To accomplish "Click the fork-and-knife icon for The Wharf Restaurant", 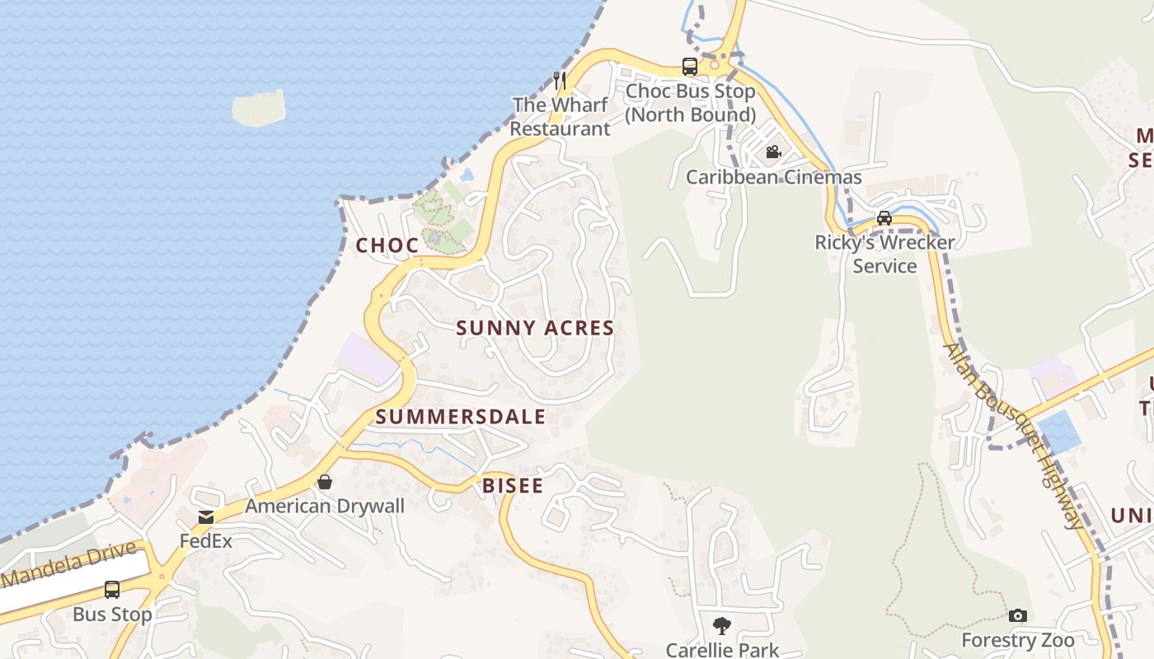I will click(560, 80).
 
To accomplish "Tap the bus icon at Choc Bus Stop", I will click(689, 67).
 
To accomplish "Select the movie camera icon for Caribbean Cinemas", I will click(773, 152).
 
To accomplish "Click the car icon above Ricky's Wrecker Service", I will click(884, 218).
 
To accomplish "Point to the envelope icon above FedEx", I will click(205, 517).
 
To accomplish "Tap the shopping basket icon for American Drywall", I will click(325, 482).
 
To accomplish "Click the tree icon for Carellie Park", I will click(722, 626).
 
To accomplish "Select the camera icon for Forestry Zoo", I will click(1018, 616).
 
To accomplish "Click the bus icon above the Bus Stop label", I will click(112, 590).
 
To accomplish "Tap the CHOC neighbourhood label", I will click(387, 245).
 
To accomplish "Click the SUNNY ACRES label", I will click(535, 328).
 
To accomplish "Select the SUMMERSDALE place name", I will click(461, 417).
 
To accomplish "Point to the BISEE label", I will click(513, 486).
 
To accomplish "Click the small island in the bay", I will click(259, 108).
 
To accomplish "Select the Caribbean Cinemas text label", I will click(773, 177).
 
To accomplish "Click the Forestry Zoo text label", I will click(1017, 641).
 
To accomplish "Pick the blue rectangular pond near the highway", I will click(1059, 432).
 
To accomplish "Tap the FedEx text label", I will click(206, 541).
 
